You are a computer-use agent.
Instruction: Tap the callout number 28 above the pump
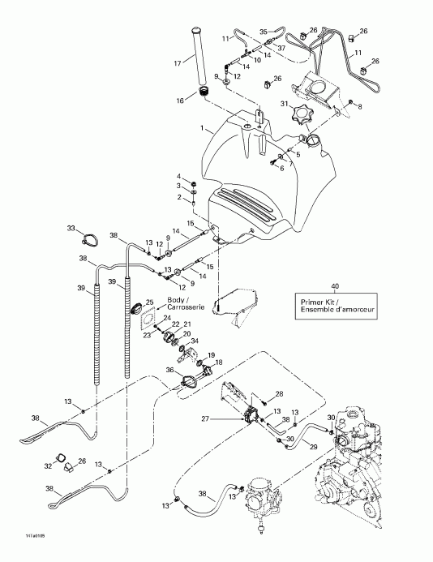(x=278, y=394)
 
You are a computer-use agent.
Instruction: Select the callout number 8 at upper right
(x=360, y=106)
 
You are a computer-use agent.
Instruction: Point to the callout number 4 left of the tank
(x=180, y=176)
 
